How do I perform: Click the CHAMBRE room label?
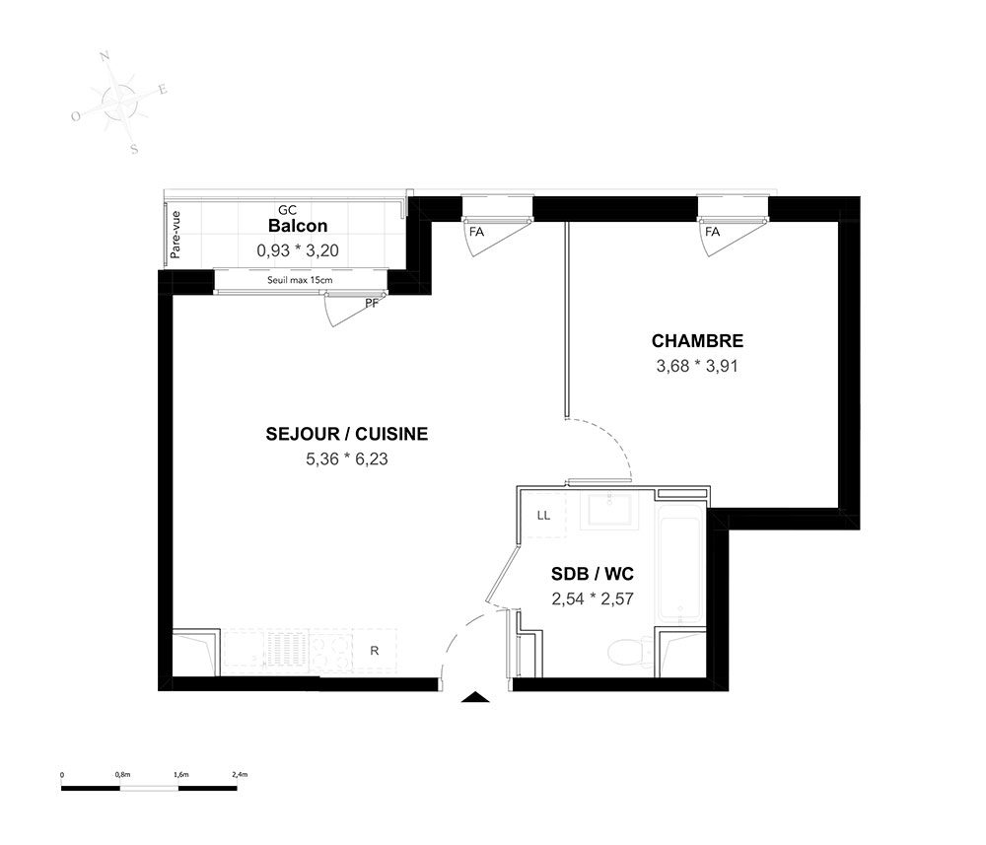pos(697,341)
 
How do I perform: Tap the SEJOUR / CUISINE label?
pos(347,434)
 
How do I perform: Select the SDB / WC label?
pos(593,574)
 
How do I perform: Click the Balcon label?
pos(298,226)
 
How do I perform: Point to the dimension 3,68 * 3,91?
pos(697,366)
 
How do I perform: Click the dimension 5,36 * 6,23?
pos(347,458)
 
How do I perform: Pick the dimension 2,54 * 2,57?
pos(593,599)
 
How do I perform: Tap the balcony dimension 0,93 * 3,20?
pos(298,250)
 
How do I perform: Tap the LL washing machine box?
pos(544,516)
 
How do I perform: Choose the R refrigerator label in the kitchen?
pos(374,651)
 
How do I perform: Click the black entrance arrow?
pos(476,697)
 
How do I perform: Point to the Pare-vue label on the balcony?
pos(176,235)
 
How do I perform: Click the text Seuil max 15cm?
pos(300,280)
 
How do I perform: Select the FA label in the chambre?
pos(712,232)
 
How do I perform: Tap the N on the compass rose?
pos(106,57)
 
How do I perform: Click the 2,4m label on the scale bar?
pos(240,775)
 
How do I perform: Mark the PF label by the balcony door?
pos(372,304)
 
